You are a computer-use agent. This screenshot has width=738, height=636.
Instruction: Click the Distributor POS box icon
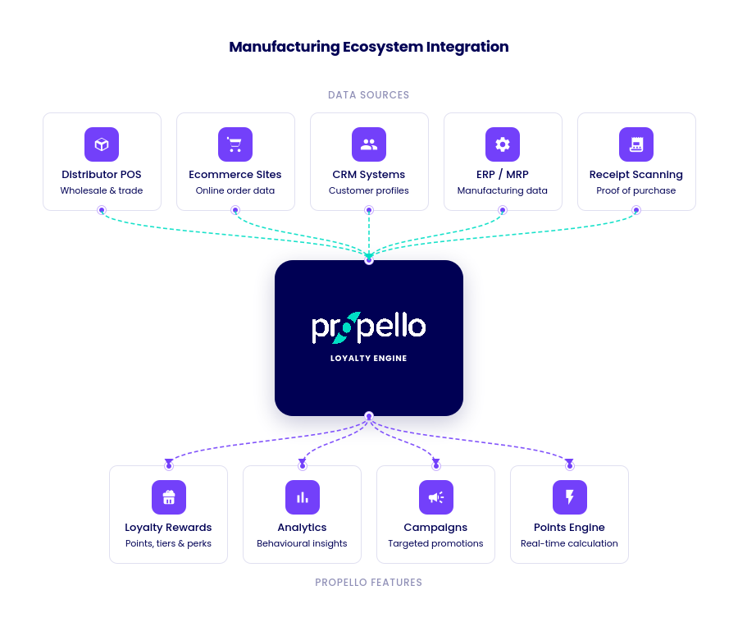coord(102,144)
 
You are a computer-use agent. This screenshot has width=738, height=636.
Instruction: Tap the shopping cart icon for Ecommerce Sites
coord(235,144)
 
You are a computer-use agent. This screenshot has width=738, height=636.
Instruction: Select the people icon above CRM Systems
coord(369,144)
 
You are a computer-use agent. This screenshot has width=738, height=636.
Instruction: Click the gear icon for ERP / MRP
coord(503,144)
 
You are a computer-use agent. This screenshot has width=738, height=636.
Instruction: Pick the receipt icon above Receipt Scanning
coord(636,144)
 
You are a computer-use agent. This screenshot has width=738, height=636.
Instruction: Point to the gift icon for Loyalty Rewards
coord(169,497)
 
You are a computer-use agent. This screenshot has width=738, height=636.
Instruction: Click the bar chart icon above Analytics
coord(303,497)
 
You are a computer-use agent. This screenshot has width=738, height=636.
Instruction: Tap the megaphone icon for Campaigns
coord(436,497)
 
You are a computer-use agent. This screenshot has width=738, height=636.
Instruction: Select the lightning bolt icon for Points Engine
coord(570,497)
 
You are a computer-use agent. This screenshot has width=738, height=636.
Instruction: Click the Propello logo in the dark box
coord(369,327)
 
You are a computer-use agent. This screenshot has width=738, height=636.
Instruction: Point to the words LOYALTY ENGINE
coord(369,359)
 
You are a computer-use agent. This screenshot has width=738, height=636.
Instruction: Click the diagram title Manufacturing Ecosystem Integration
coord(369,47)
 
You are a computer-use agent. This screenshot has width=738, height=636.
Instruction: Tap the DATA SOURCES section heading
coord(369,95)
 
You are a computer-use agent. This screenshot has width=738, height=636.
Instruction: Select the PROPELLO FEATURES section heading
coord(369,583)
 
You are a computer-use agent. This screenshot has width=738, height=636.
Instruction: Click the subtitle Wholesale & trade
coord(102,190)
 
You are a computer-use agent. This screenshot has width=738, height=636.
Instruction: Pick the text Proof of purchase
coord(636,190)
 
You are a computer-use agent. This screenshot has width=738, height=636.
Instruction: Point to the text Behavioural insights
coord(303,543)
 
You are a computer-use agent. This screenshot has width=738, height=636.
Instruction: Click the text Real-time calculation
coord(570,543)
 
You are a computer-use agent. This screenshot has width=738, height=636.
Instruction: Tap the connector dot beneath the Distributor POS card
coord(102,210)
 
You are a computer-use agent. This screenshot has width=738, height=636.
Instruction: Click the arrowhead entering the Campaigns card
coord(436,463)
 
